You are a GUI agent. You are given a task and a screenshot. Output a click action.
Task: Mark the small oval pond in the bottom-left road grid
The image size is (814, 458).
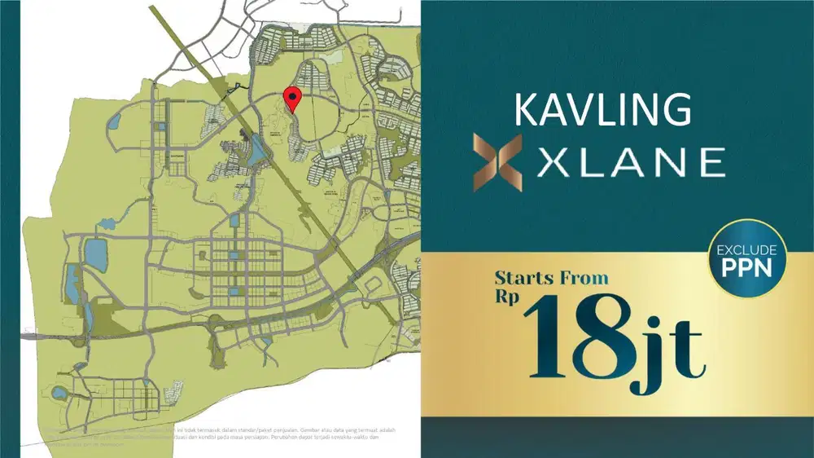59,393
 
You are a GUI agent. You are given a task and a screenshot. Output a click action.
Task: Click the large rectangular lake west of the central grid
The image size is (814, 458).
96,254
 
